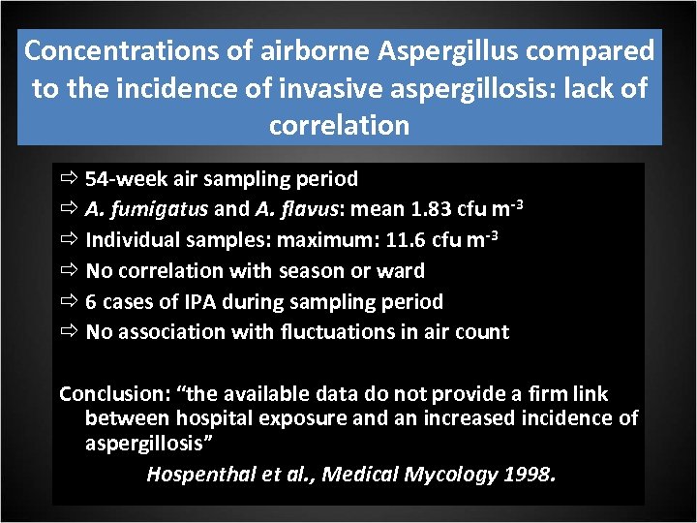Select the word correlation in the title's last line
(x=340, y=126)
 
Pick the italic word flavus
(x=291, y=209)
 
